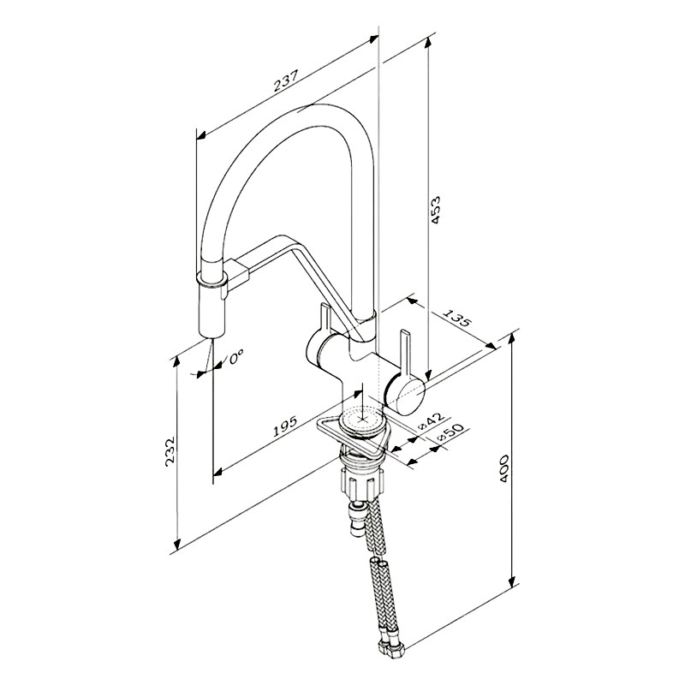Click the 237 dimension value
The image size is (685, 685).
(286, 80)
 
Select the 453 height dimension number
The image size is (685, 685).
(436, 211)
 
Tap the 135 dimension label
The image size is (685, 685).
(458, 319)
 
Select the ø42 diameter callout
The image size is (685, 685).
(431, 420)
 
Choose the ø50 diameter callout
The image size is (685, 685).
(450, 433)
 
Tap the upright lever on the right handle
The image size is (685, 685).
(404, 355)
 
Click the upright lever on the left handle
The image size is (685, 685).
(325, 324)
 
